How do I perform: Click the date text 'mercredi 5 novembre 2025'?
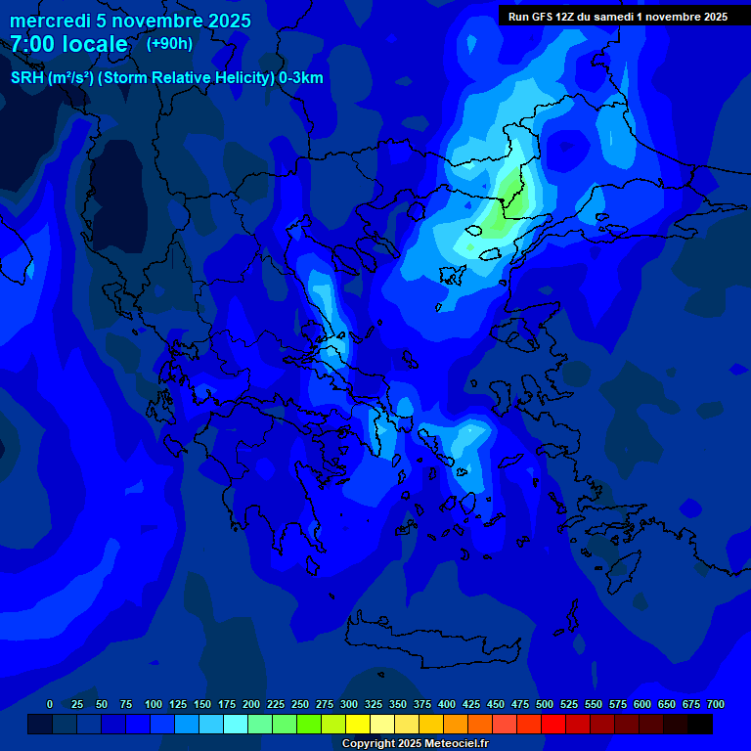click(x=130, y=21)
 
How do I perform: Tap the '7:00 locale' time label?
click(x=68, y=44)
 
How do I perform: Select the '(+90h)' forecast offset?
click(x=169, y=44)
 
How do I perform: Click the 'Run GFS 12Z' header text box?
click(x=617, y=17)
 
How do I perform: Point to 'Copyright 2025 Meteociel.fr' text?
click(x=415, y=743)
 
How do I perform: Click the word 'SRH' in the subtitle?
click(x=27, y=78)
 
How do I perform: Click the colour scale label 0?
click(x=50, y=704)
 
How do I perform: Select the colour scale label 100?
click(x=154, y=704)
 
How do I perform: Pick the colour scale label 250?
click(x=300, y=704)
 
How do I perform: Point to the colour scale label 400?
click(x=447, y=704)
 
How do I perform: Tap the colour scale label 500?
click(x=545, y=704)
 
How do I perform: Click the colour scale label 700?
click(x=716, y=704)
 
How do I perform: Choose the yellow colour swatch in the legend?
click(x=358, y=724)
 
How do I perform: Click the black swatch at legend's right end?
click(x=700, y=724)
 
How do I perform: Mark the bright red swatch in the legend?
click(x=553, y=724)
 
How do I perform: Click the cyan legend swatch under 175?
click(x=236, y=724)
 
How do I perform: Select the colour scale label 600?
click(x=642, y=704)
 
